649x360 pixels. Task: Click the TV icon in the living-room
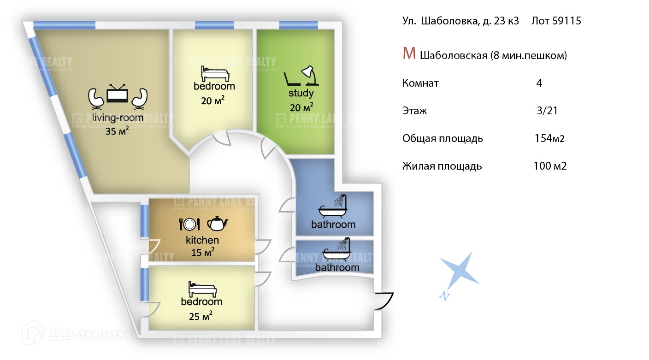pos(117,94)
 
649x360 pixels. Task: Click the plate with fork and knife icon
pos(189,224)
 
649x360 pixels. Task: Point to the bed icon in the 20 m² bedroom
pos(214,73)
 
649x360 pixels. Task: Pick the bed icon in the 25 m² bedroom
pos(202,289)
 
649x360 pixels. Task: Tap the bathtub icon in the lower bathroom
pos(336,250)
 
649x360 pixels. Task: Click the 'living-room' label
pos(118,118)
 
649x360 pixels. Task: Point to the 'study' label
pos(301,94)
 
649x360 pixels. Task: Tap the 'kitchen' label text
pos(202,240)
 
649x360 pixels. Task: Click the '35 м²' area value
pos(117,131)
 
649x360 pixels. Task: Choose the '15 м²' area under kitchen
pos(202,253)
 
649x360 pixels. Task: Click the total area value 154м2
pos(549,139)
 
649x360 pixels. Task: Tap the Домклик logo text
pos(88,334)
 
